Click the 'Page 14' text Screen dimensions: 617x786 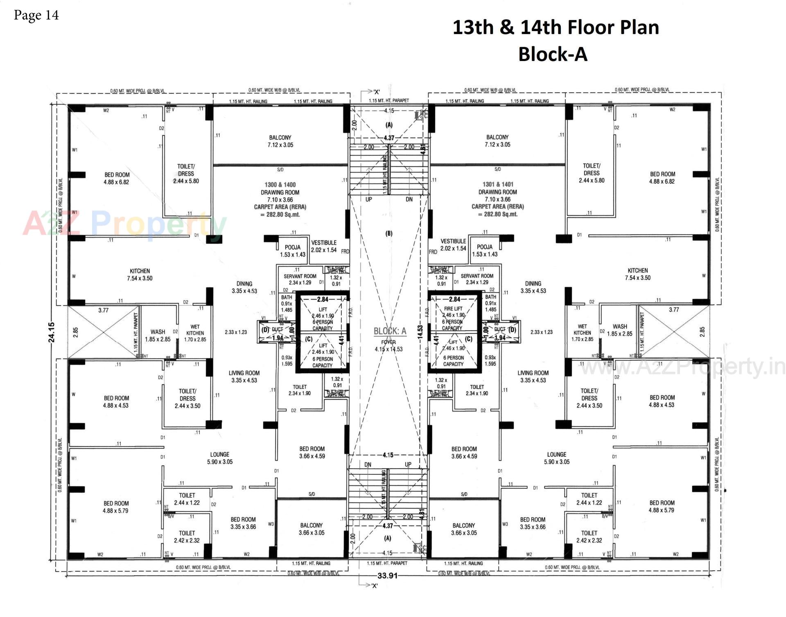pyautogui.click(x=36, y=16)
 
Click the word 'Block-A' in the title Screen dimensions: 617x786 pyautogui.click(x=552, y=54)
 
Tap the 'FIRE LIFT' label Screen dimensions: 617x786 pyautogui.click(x=453, y=308)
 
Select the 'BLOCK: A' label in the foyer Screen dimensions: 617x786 pyautogui.click(x=390, y=331)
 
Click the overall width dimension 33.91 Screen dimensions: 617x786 pyautogui.click(x=387, y=576)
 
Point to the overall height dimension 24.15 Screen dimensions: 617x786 pyautogui.click(x=52, y=332)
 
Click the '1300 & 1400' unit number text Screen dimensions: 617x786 pyautogui.click(x=280, y=185)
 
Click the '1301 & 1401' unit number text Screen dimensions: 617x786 pyautogui.click(x=497, y=184)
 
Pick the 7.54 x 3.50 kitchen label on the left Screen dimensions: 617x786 pyautogui.click(x=140, y=274)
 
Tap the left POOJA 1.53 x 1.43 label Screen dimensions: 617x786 pyautogui.click(x=292, y=251)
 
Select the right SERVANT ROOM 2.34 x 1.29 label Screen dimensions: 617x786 pyautogui.click(x=477, y=279)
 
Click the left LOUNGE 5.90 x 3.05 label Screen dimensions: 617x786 pyautogui.click(x=219, y=458)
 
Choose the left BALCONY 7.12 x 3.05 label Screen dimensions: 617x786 pyautogui.click(x=280, y=141)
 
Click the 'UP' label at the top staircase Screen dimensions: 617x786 pyautogui.click(x=368, y=200)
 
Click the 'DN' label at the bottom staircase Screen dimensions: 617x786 pyautogui.click(x=368, y=465)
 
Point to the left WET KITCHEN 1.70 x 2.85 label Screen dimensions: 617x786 pyautogui.click(x=195, y=333)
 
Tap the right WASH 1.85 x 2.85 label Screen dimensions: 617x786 pyautogui.click(x=620, y=330)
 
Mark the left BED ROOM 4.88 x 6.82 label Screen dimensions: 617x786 pyautogui.click(x=117, y=178)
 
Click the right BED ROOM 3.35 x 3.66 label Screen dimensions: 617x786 pyautogui.click(x=532, y=523)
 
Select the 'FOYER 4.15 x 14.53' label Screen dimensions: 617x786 pyautogui.click(x=388, y=346)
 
